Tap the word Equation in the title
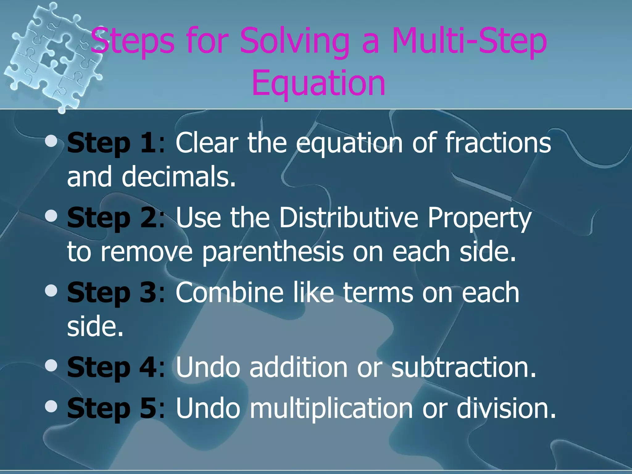[318, 83]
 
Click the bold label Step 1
[111, 143]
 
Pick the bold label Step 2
[112, 218]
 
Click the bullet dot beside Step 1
[51, 141]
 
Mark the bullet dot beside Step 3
[51, 291]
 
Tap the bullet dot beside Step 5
[51, 406]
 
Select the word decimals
[179, 177]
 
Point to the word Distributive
[349, 218]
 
